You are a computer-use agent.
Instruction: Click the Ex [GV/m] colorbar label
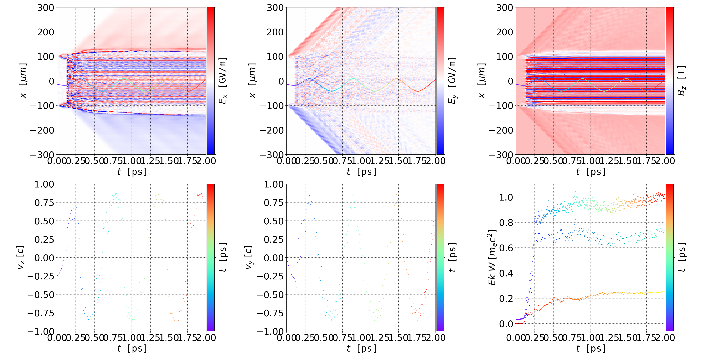pyautogui.click(x=223, y=81)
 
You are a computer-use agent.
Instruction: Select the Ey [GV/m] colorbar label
pyautogui.click(x=452, y=81)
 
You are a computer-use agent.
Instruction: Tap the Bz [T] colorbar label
pyautogui.click(x=681, y=81)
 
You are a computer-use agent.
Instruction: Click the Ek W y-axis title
pyautogui.click(x=492, y=257)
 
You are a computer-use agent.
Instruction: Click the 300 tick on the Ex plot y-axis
pyautogui.click(x=46, y=8)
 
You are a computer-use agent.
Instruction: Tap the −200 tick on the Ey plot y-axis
pyautogui.click(x=272, y=130)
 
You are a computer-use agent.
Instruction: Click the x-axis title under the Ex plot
pyautogui.click(x=132, y=172)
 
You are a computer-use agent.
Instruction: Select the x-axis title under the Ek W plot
pyautogui.click(x=591, y=349)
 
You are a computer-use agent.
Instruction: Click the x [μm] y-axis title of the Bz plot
pyautogui.click(x=482, y=81)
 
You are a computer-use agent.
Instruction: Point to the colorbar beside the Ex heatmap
pyautogui.click(x=211, y=81)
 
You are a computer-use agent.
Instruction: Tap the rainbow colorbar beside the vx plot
pyautogui.click(x=211, y=257)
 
